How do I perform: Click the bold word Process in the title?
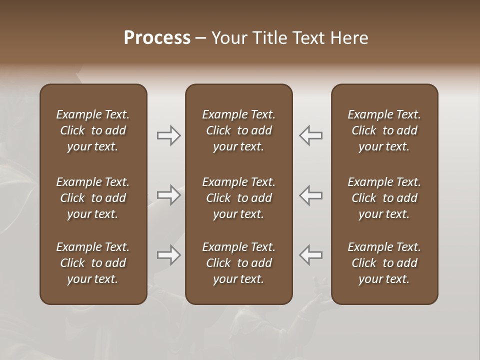coord(157,38)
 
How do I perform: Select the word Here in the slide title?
coord(349,38)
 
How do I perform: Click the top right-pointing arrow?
coord(168,135)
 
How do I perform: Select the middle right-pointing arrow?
coord(168,195)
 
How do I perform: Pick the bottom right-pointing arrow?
coord(168,255)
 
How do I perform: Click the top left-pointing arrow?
coord(311,135)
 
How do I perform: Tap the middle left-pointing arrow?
coord(311,195)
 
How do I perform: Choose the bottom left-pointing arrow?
coord(311,255)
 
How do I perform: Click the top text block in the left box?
coord(93,130)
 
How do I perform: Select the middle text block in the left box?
coord(93,198)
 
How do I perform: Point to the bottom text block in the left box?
coord(93,263)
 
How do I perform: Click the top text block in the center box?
coord(238,130)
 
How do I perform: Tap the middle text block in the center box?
coord(238,198)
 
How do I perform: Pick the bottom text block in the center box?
coord(238,263)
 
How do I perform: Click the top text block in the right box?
coord(384,130)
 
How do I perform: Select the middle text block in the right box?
coord(384,198)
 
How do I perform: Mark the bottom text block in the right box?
coord(384,263)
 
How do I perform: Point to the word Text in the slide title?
coord(310,38)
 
